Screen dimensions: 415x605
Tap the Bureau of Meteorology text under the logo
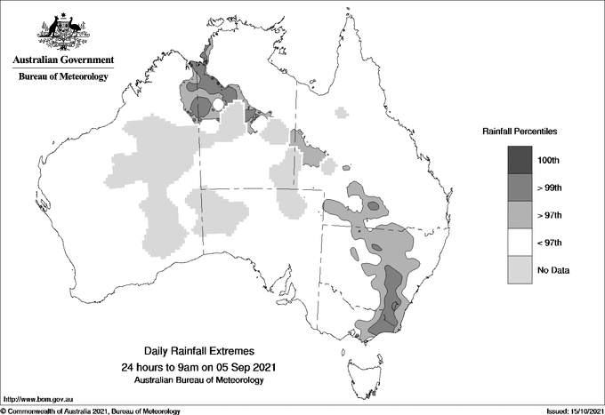[63, 77]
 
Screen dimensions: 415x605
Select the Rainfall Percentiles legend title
[520, 131]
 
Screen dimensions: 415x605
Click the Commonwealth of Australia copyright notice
[91, 411]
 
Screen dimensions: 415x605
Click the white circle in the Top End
[216, 107]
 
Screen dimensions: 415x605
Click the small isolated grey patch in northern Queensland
[342, 113]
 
